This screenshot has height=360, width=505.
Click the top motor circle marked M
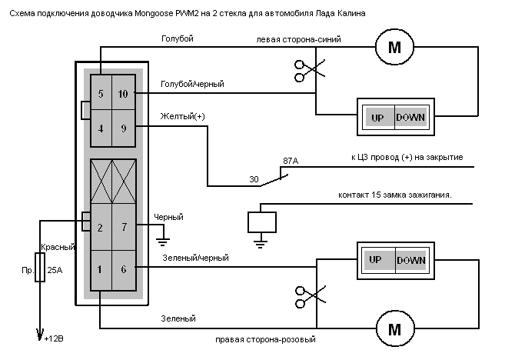click(x=394, y=48)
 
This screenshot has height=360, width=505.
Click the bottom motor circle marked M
click(x=394, y=330)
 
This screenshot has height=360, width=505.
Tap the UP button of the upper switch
click(x=377, y=118)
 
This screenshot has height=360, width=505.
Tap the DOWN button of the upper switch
click(x=410, y=118)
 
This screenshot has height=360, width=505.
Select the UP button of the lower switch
click(x=377, y=260)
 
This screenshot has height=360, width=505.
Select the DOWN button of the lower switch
click(x=410, y=260)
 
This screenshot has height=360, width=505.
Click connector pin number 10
click(x=124, y=94)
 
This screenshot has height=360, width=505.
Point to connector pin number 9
click(x=124, y=128)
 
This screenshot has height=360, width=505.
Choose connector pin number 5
click(x=101, y=94)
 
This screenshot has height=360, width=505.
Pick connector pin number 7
click(x=124, y=227)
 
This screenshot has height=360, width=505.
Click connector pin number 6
click(x=124, y=270)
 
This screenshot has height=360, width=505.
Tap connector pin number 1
click(x=101, y=270)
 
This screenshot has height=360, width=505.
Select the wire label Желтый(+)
click(x=183, y=116)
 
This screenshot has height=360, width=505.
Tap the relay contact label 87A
click(x=291, y=161)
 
